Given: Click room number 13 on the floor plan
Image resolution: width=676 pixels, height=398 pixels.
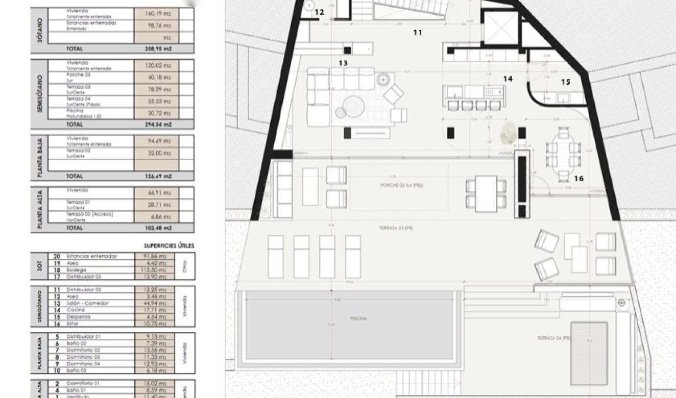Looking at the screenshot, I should (343, 63).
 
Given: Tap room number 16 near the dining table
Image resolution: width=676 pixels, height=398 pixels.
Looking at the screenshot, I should (578, 179).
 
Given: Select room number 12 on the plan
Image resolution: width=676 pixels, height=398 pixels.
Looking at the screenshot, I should (319, 12).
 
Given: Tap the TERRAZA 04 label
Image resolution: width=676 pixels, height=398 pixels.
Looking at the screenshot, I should (553, 338).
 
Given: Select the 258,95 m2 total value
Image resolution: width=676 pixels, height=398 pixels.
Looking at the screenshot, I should (158, 49).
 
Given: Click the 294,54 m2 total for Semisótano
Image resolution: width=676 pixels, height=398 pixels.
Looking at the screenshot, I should (158, 124).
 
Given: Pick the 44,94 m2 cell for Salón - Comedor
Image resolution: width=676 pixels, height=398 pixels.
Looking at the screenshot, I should (157, 303).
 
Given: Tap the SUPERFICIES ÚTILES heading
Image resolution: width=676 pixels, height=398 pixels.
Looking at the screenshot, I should (168, 245).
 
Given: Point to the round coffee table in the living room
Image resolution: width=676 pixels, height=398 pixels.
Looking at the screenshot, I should (351, 106).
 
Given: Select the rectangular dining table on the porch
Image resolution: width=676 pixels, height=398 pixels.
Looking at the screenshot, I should (486, 193).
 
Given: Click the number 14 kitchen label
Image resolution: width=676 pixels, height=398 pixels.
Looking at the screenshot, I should (508, 79).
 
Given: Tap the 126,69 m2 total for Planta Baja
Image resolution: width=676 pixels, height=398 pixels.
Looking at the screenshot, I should (158, 176).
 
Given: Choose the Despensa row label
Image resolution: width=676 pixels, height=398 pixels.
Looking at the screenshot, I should (78, 316).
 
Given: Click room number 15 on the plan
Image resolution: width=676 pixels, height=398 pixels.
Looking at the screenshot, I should (565, 82).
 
